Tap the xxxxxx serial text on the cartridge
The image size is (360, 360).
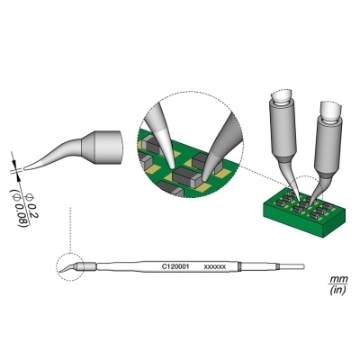pos(215,267)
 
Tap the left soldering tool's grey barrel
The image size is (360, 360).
pos(280,130)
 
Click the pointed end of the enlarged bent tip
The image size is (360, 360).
pos(27,167)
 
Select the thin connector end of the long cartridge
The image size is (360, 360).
pos(291,267)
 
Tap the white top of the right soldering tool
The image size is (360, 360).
pos(332,111)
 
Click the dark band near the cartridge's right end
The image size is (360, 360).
pos(241,267)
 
